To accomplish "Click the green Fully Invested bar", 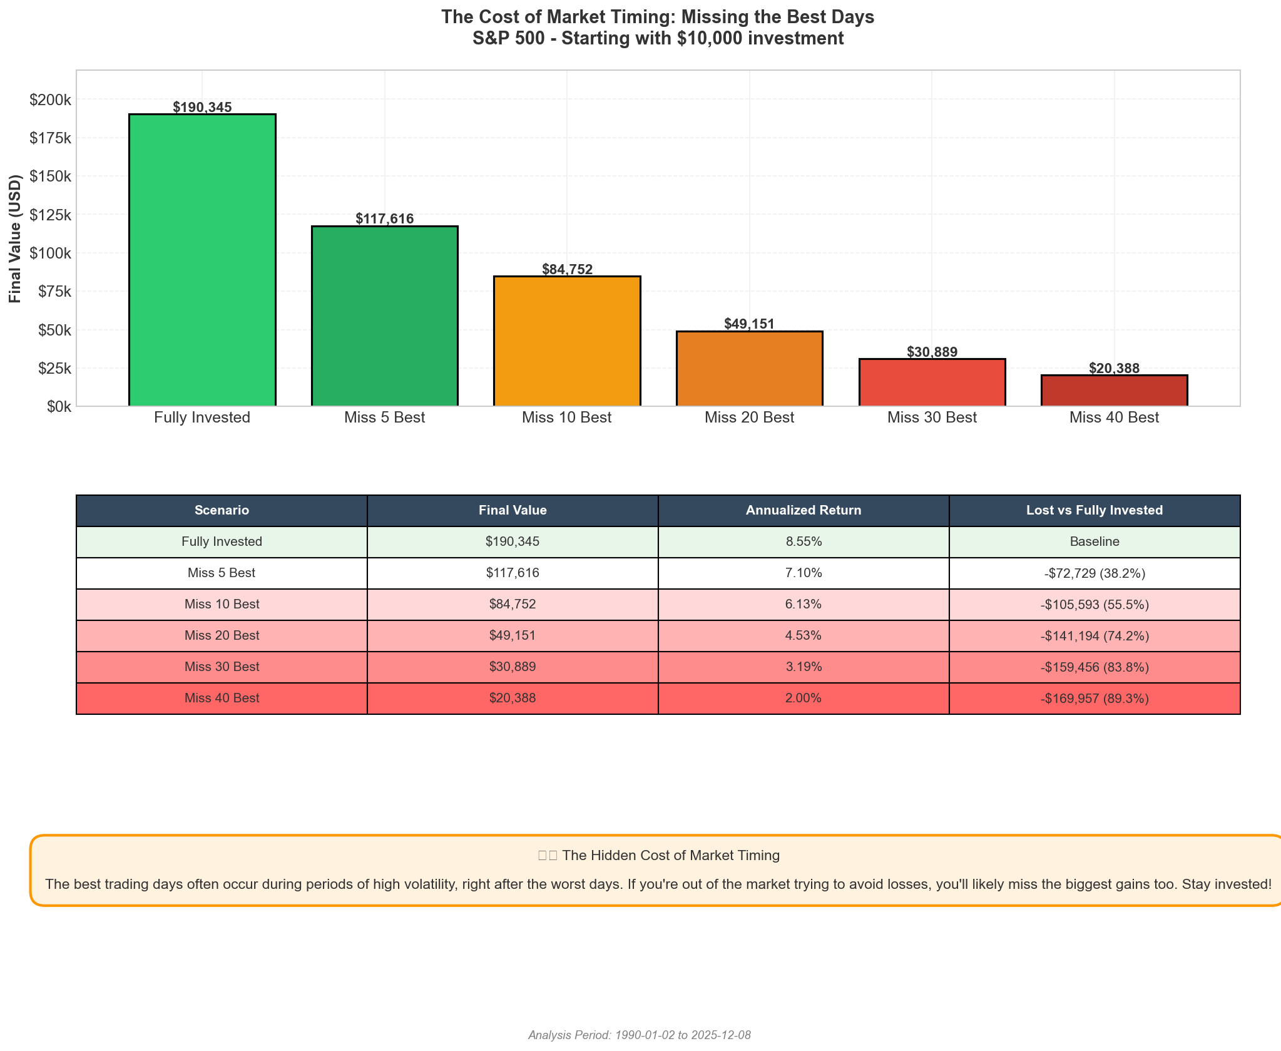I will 202,260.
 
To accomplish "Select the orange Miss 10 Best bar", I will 567,341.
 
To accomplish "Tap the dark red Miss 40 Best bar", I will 1114,391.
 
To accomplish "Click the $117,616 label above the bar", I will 384,218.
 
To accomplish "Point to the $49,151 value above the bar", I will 749,324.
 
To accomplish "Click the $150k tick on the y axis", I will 50,177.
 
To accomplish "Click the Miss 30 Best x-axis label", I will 931,418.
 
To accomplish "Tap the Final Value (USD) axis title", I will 16,238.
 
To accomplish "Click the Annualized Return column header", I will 803,510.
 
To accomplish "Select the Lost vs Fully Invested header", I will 1094,510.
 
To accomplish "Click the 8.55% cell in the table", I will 803,541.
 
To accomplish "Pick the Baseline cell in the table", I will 1094,541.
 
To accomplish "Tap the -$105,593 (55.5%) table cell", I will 1094,605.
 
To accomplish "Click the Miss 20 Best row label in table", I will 222,635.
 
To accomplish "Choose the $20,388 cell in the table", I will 512,698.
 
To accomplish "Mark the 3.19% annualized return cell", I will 803,667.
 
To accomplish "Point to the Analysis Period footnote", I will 639,1035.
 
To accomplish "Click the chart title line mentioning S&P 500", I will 658,39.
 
